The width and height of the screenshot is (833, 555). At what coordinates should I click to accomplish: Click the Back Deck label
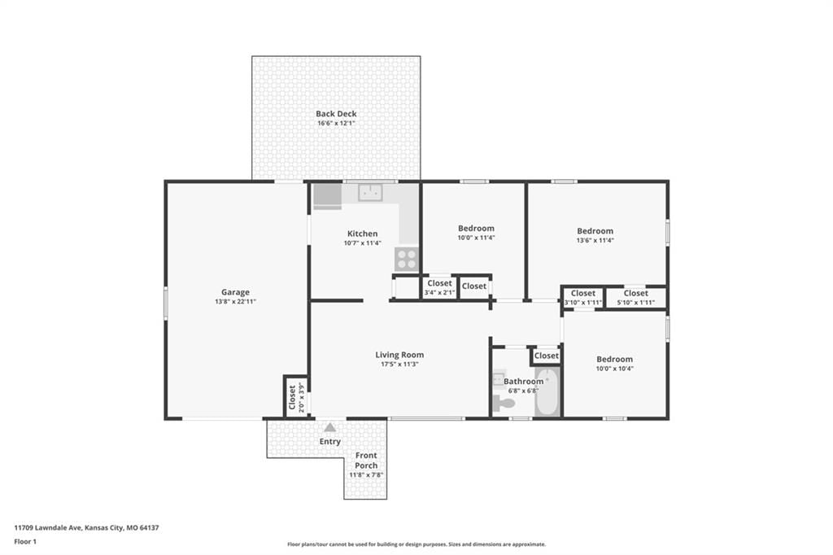point(336,113)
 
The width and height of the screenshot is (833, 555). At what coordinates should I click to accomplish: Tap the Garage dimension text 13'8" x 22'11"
point(235,301)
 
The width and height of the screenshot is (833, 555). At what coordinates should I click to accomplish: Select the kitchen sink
point(370,192)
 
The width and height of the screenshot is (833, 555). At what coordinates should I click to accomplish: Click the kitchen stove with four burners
point(407,260)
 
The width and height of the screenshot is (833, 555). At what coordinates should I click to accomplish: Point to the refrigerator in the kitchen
point(327,197)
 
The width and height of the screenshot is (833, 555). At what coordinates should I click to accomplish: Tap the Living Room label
point(399,355)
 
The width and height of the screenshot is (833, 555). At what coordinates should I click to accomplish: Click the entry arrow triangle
point(330,427)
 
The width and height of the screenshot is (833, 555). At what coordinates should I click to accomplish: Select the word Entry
point(330,441)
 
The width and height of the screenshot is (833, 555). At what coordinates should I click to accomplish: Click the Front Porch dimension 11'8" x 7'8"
point(366,474)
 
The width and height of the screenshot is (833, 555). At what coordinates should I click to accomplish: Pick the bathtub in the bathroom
point(547,391)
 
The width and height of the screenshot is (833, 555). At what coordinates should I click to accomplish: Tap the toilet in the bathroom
point(503,403)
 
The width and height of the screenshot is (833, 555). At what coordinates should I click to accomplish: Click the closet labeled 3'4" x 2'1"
point(439,287)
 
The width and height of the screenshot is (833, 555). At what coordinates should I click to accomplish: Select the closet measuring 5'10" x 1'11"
point(636,298)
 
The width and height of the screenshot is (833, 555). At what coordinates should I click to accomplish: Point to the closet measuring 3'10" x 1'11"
point(582,298)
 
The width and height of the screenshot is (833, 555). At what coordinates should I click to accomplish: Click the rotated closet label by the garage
point(292,398)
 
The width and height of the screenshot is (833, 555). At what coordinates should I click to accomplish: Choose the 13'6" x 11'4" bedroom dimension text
point(595,240)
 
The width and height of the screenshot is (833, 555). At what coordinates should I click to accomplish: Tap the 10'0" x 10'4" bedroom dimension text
point(615,369)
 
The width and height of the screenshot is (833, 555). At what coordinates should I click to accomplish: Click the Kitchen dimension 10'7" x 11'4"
point(362,243)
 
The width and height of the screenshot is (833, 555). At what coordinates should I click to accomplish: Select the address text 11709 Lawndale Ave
point(47,528)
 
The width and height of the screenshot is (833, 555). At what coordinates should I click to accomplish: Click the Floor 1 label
point(25,542)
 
